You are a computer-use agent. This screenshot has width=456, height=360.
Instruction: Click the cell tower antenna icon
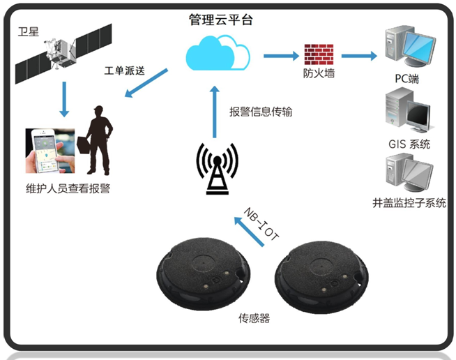coord(217,167)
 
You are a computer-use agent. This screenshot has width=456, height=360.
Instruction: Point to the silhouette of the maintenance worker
coord(98,140)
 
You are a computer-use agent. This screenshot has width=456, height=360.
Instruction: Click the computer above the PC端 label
coord(408,46)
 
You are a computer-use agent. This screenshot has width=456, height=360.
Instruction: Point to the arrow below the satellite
coord(65,98)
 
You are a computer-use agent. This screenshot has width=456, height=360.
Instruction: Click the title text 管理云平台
coord(220,19)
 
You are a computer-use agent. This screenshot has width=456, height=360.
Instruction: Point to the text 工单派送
coord(126,71)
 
